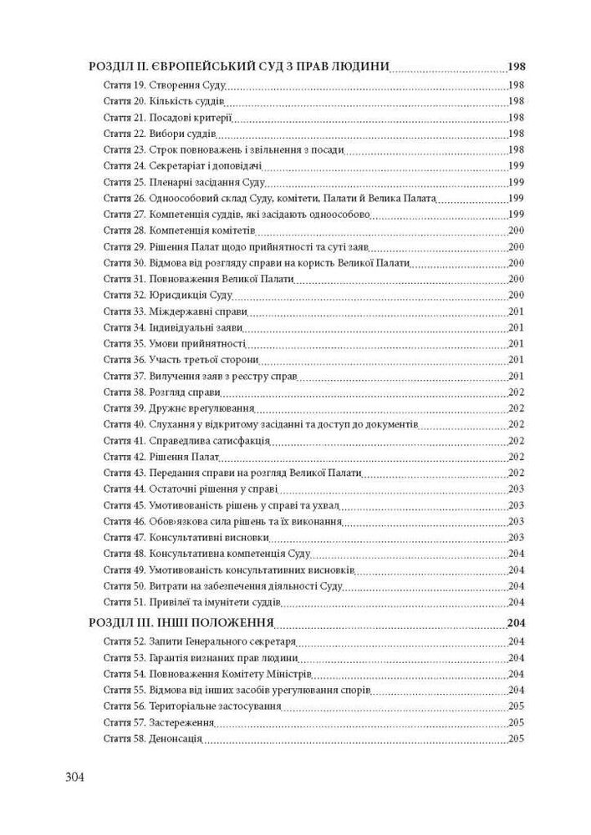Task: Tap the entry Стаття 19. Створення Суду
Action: [165, 86]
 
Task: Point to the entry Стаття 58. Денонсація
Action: [153, 739]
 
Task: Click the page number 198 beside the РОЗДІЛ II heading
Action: [515, 68]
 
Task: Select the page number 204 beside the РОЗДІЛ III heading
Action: [515, 622]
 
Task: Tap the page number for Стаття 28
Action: [516, 230]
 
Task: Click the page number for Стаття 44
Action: [516, 488]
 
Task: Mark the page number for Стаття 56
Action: [516, 706]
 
